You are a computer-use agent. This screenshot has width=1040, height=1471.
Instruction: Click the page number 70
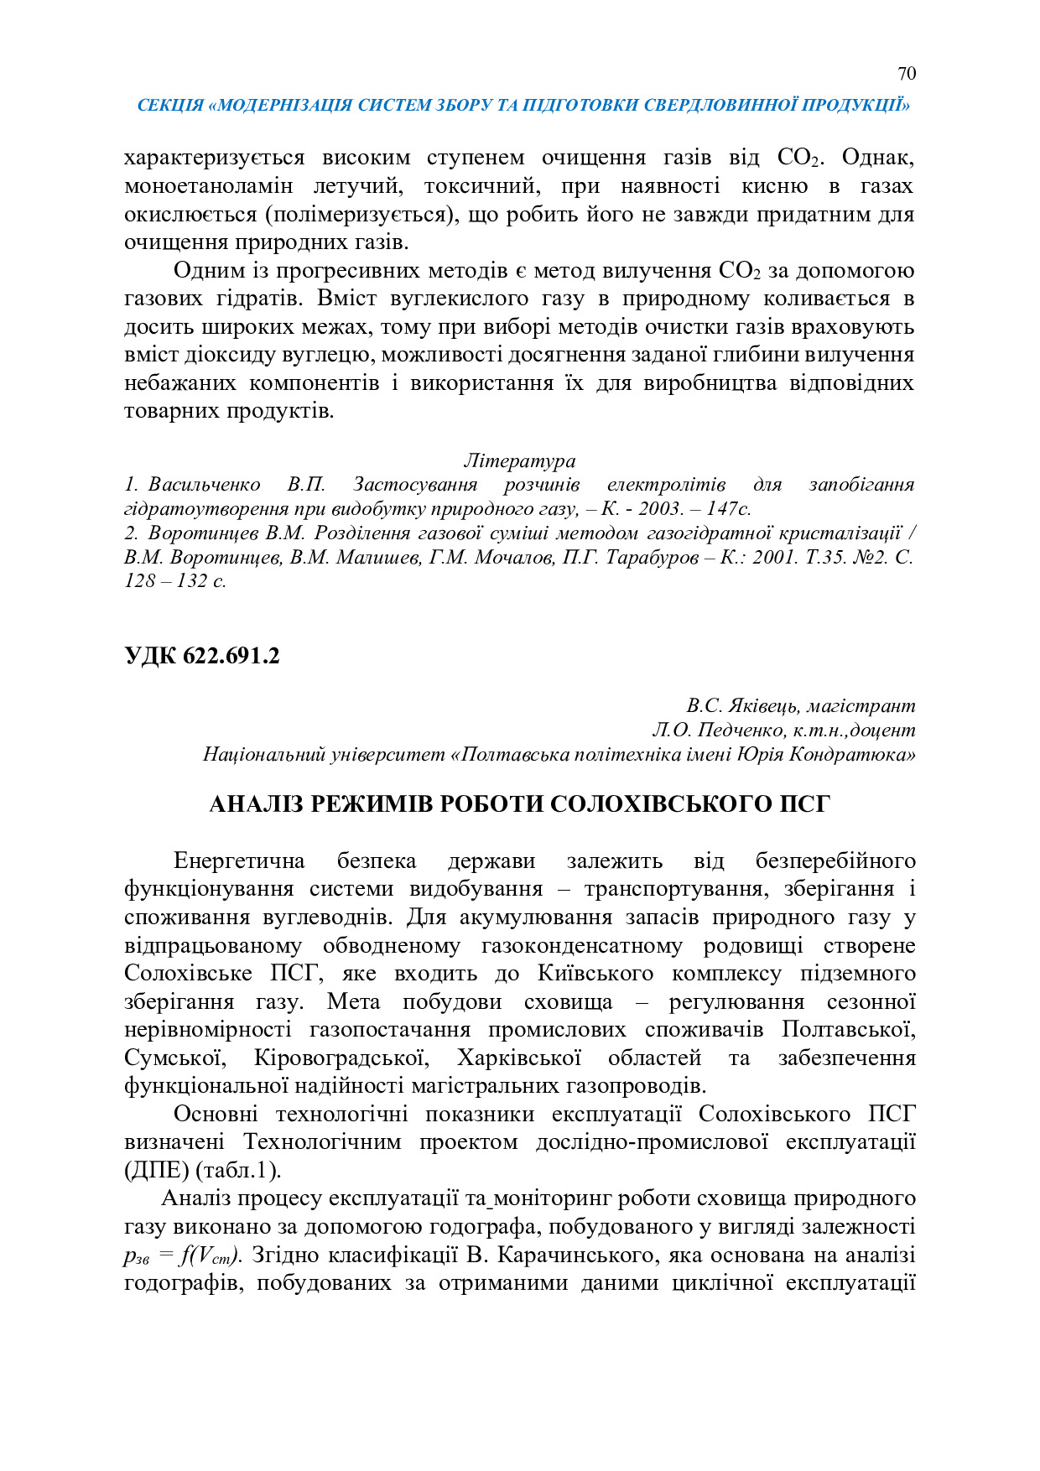point(906,74)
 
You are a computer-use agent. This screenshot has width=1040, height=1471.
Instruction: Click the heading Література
point(519,460)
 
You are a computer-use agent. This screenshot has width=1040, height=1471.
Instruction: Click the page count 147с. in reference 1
point(728,508)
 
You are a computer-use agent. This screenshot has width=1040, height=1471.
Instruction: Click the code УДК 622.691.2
point(202,656)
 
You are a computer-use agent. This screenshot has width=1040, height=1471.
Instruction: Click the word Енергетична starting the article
point(239,861)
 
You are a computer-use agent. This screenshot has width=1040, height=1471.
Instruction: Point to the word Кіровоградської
point(342,1058)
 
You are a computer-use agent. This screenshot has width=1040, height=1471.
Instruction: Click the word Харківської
point(520,1058)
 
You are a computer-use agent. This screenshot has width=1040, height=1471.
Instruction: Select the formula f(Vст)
point(211,1255)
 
